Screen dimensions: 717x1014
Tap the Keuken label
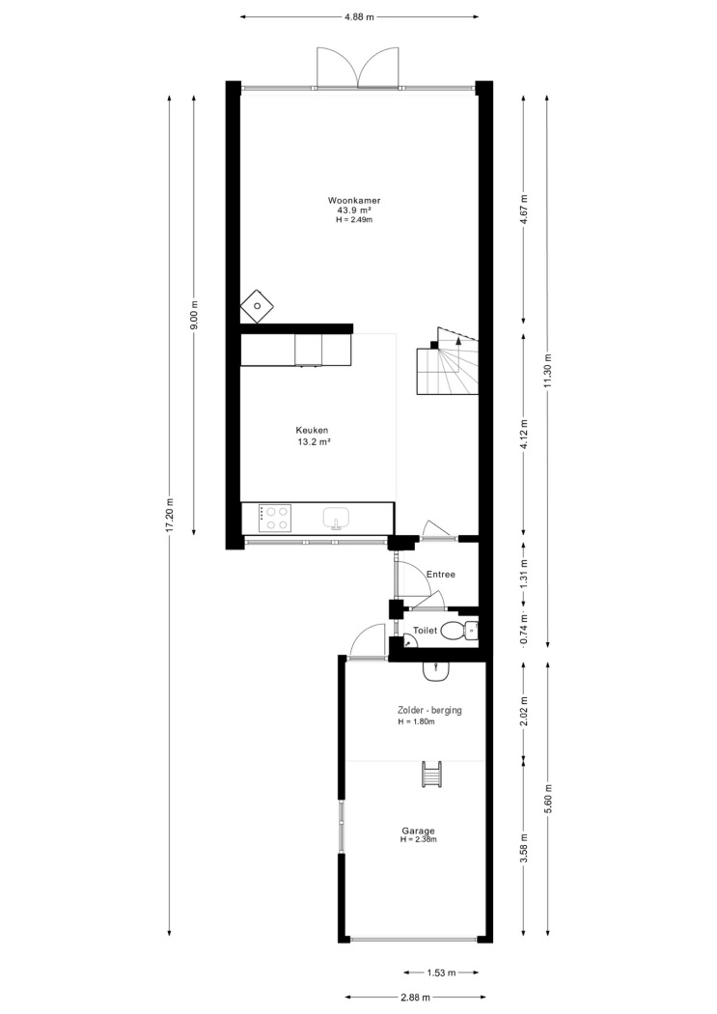click(313, 430)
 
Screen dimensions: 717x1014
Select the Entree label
click(441, 575)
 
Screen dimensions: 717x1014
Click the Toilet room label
click(425, 630)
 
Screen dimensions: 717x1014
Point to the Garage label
click(418, 831)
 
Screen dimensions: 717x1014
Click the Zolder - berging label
click(429, 710)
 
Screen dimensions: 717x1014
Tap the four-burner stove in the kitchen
click(274, 518)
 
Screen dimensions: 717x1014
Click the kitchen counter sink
click(336, 518)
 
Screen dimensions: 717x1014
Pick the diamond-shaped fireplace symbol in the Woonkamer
click(257, 306)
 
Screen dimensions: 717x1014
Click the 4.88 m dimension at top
click(359, 17)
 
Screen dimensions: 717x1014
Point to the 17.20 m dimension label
click(170, 516)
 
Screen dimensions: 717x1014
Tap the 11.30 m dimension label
click(548, 371)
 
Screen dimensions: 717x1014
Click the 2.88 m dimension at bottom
click(415, 998)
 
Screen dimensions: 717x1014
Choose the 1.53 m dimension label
click(442, 972)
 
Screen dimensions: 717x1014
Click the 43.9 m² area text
click(353, 211)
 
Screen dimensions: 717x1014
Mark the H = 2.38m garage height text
click(418, 839)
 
